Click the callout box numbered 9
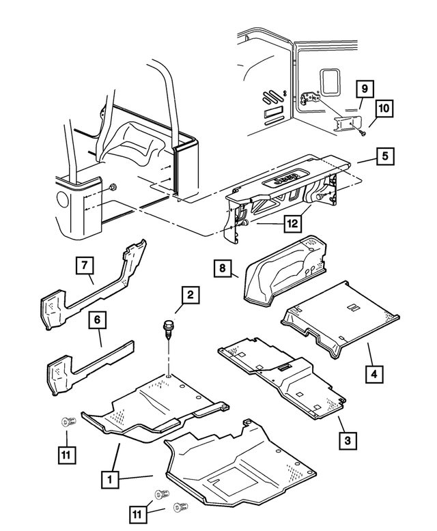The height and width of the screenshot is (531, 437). click(365, 89)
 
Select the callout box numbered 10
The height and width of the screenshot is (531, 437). click(384, 109)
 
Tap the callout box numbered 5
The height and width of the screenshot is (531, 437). click(385, 156)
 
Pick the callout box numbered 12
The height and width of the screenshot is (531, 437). click(293, 223)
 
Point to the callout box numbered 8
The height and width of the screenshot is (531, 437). click(222, 268)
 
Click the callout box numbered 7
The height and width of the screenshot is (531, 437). click(85, 265)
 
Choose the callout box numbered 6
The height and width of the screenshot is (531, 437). click(98, 320)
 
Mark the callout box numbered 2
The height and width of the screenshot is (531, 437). click(191, 295)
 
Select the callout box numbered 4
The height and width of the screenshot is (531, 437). click(374, 374)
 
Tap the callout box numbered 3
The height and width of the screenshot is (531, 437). click(348, 441)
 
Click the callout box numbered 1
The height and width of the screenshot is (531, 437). click(110, 480)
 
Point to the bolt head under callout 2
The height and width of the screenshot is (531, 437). click(167, 325)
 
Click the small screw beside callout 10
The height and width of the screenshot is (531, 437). click(363, 133)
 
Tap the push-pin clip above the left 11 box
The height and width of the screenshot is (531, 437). click(68, 422)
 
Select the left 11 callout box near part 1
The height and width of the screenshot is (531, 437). click(66, 455)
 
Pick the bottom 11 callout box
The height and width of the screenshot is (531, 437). click(137, 515)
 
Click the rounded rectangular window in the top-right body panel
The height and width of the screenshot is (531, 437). click(330, 81)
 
